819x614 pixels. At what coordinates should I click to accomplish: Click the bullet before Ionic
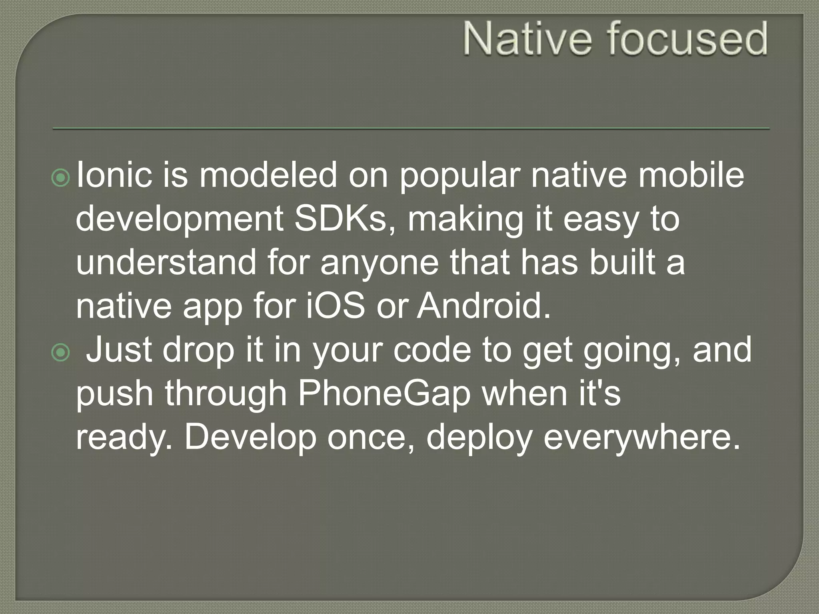pyautogui.click(x=61, y=178)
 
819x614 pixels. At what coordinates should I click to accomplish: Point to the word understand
pyautogui.click(x=166, y=262)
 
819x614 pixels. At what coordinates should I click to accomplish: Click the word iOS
pyautogui.click(x=335, y=306)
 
